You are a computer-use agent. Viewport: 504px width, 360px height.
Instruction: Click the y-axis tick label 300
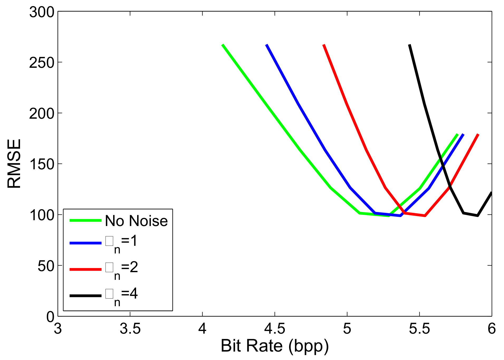pos(42,12)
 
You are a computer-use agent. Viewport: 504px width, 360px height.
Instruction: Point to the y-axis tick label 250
pos(42,63)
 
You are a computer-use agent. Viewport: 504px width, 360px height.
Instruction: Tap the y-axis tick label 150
pos(42,165)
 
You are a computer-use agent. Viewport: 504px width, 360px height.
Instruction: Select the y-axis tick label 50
pos(46,266)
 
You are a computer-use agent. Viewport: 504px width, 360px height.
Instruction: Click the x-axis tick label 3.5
pos(130,329)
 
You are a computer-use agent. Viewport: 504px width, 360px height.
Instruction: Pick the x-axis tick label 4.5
pos(275,329)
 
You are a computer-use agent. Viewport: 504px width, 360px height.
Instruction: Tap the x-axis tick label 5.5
pos(419,329)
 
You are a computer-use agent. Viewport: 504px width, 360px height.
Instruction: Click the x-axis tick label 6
pos(491,329)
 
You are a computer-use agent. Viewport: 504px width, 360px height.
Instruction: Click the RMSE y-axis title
pos(14,164)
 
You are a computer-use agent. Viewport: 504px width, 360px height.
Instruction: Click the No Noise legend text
pos(136,221)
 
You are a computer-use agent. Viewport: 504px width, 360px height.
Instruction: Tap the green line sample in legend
pos(85,220)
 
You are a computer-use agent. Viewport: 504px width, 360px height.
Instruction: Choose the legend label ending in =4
pos(121,295)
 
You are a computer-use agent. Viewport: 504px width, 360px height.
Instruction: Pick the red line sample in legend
pos(85,269)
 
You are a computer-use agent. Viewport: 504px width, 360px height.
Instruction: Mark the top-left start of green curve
pos(223,45)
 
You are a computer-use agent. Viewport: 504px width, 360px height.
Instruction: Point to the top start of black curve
pos(410,45)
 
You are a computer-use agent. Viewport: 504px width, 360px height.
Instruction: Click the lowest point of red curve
pos(425,216)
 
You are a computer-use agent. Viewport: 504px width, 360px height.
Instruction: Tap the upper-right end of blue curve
pos(463,135)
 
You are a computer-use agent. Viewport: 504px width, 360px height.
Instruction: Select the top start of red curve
pos(324,45)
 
